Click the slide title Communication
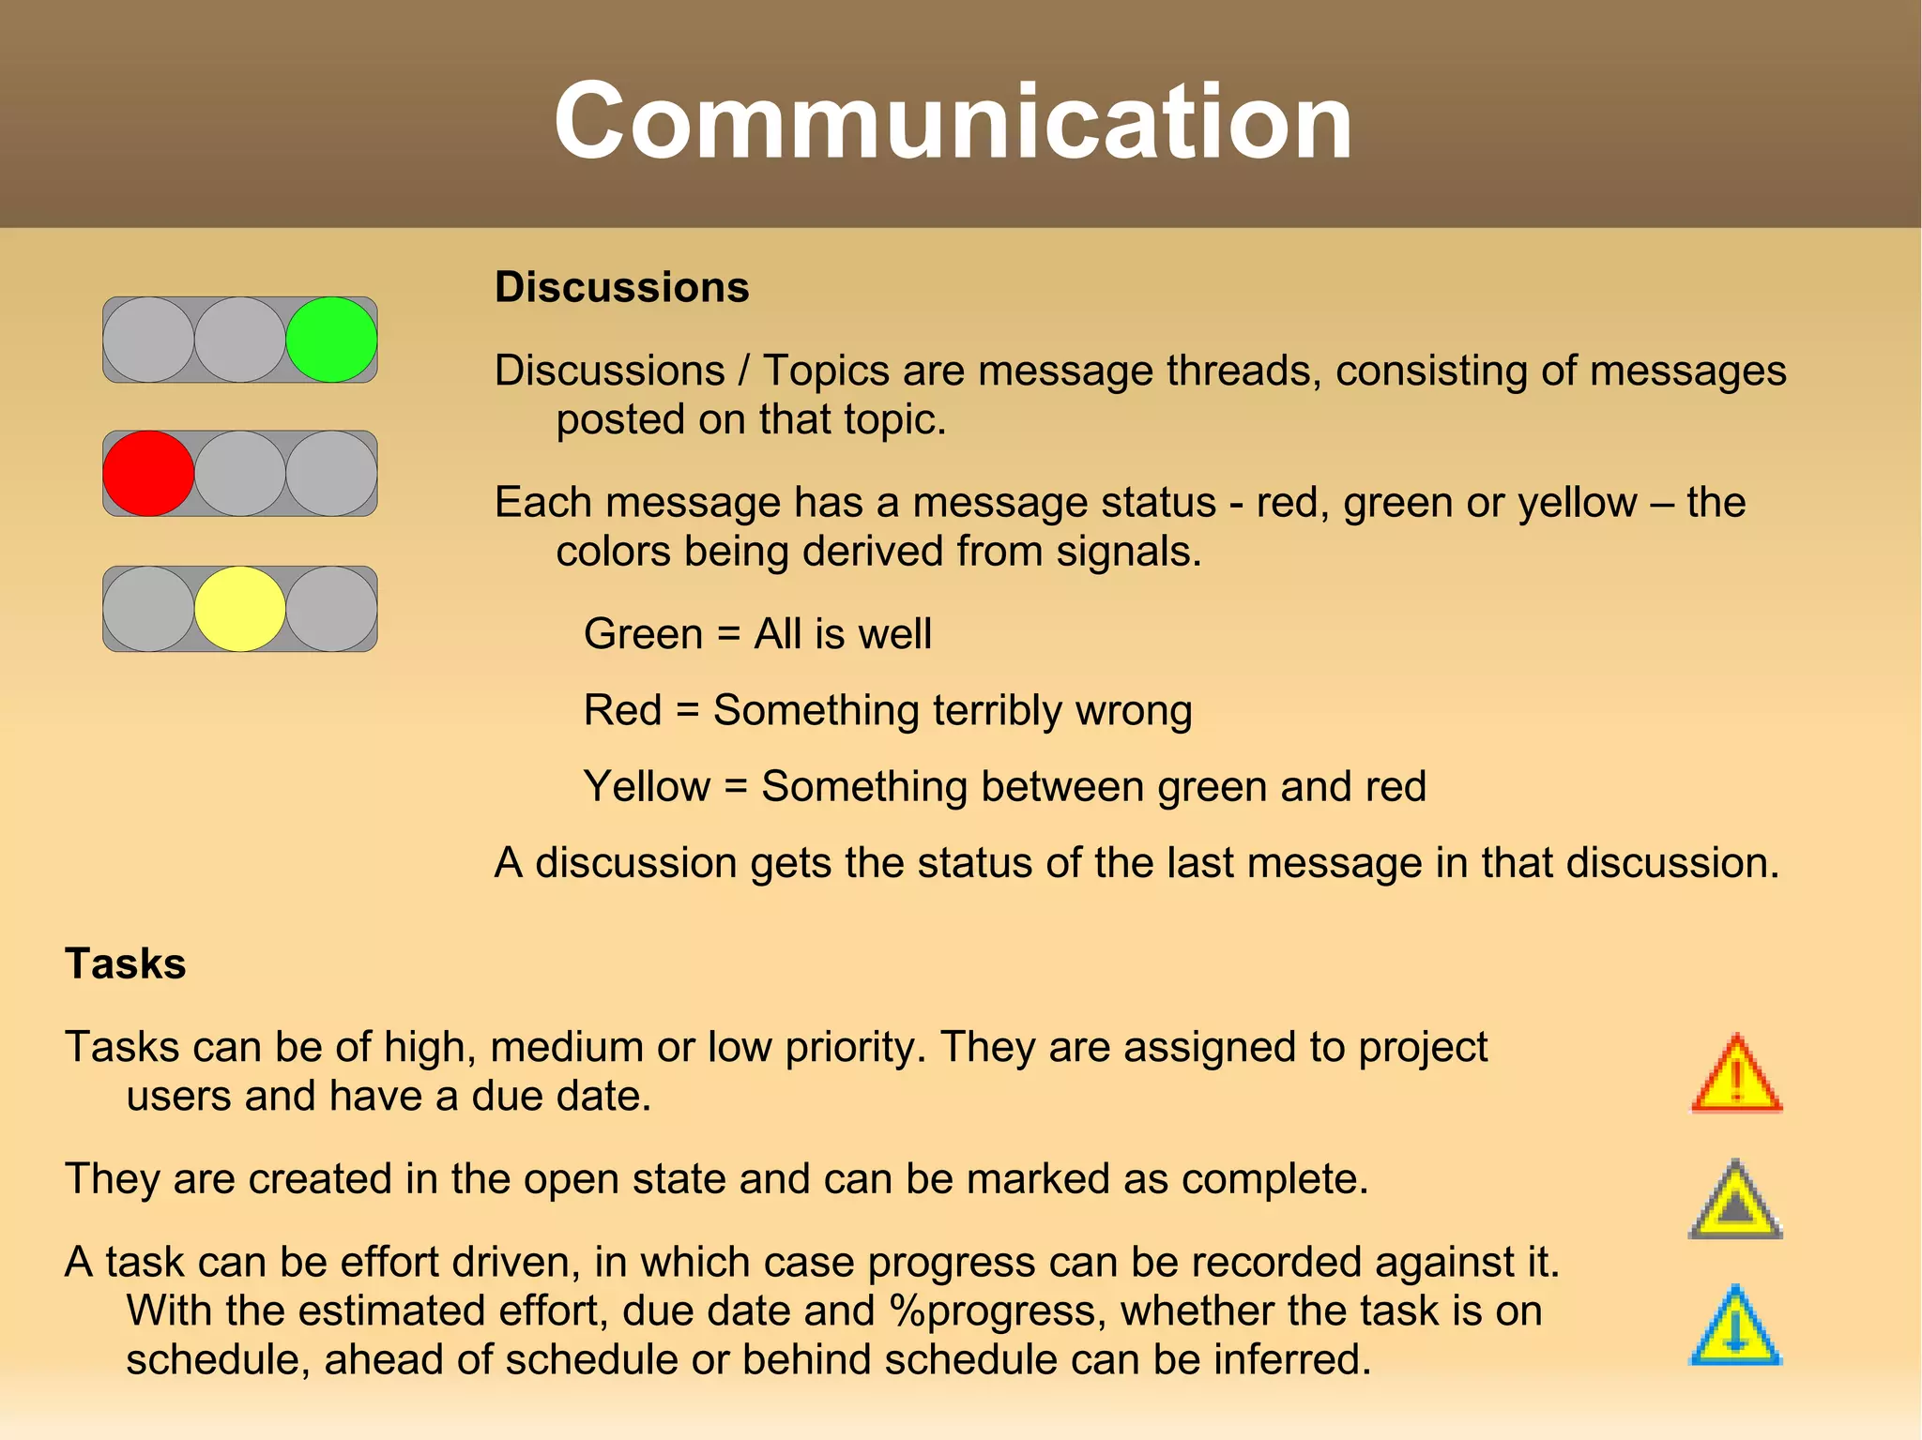(x=953, y=122)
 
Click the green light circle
(x=331, y=340)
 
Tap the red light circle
(x=148, y=474)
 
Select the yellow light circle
(x=240, y=609)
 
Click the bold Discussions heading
(x=621, y=287)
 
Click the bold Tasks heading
(x=126, y=963)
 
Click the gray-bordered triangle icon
(x=1735, y=1203)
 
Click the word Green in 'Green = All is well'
(x=643, y=634)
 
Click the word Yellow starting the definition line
(x=647, y=786)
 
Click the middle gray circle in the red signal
(x=240, y=474)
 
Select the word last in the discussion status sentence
(x=1199, y=863)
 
